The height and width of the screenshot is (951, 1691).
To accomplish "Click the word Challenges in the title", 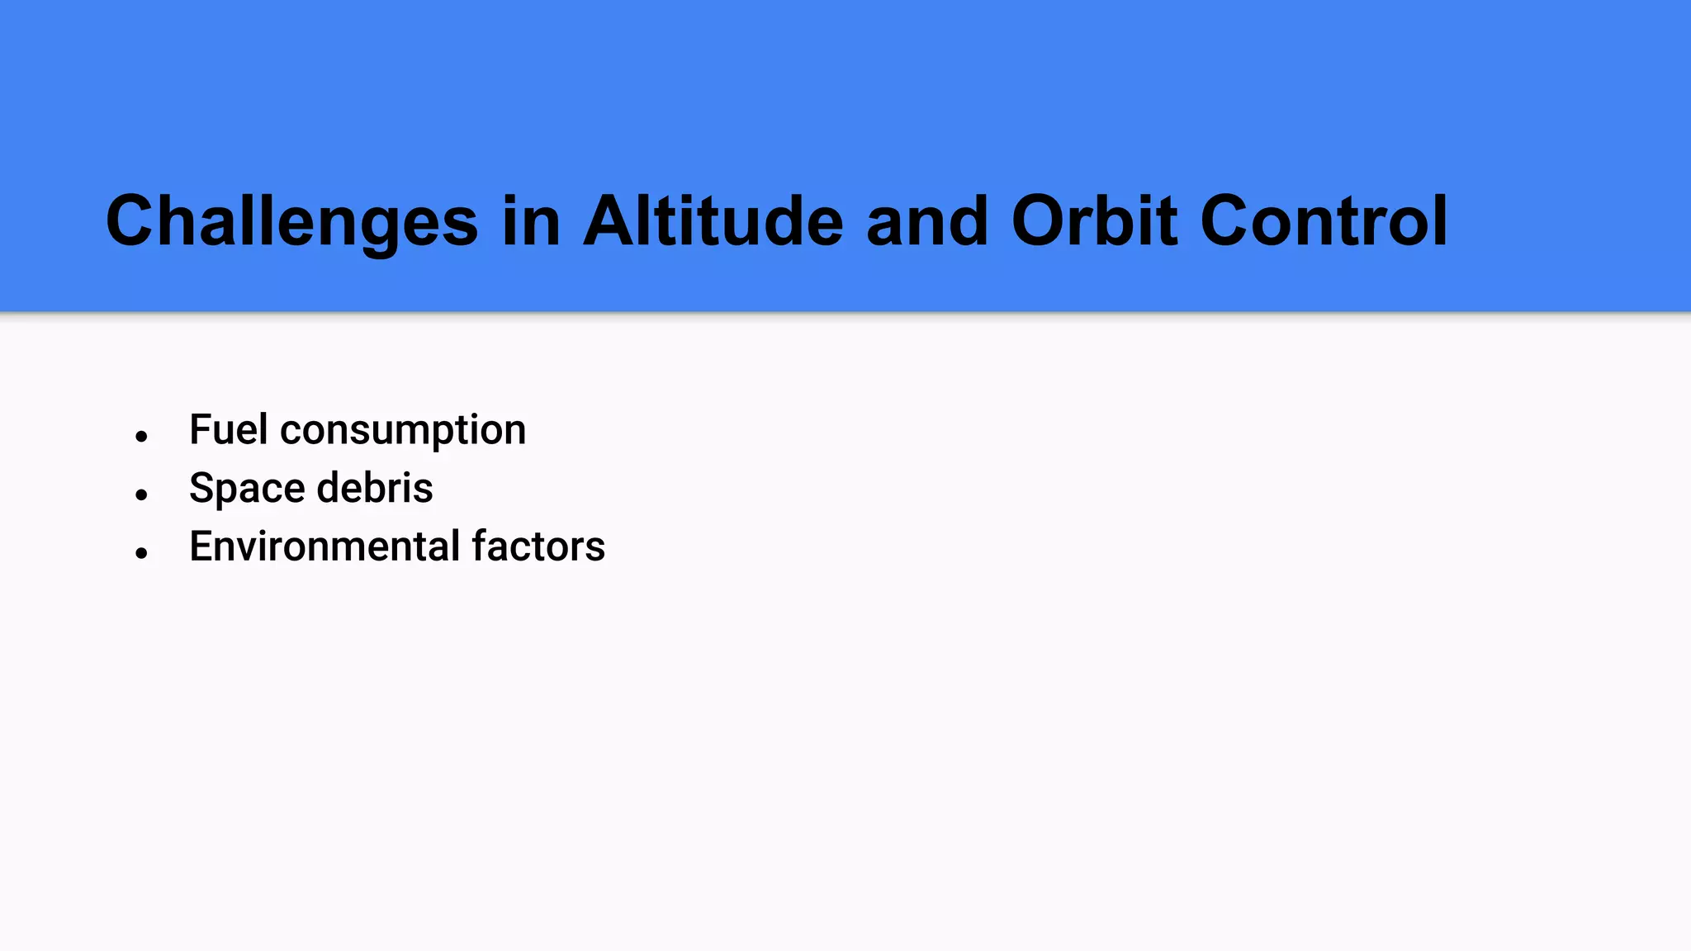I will coord(291,221).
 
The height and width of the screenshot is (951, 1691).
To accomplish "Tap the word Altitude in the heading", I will coord(713,221).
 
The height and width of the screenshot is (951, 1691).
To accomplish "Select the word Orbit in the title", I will coord(1094,221).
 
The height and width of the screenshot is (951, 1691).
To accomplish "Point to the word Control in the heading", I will coord(1324,221).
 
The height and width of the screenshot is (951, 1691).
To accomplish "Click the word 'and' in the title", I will coord(926,221).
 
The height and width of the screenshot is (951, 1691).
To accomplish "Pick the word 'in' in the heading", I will coord(531,221).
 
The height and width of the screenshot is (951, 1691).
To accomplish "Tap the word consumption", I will coord(403,431).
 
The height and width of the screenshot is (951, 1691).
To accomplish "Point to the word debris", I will coord(375,487).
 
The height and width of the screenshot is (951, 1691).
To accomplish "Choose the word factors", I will coord(538,546).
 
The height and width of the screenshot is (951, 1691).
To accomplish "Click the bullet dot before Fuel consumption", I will coord(141,436).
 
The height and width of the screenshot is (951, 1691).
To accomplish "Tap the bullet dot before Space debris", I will coord(141,494).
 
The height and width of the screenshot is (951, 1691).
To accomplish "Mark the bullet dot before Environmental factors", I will coord(141,553).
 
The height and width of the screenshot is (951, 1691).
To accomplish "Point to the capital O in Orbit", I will coord(1040,221).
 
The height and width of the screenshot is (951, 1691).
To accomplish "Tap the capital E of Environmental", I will coord(201,546).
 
